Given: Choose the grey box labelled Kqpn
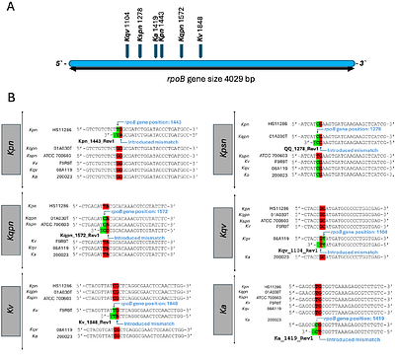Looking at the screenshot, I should (x=22, y=228).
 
